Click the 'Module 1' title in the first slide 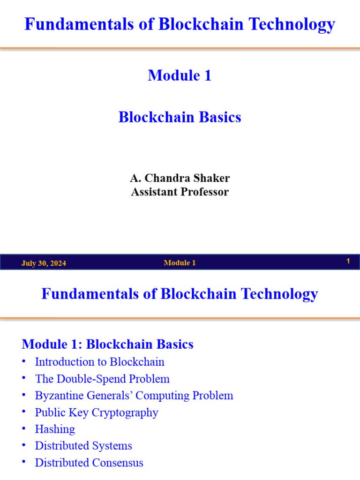pyautogui.click(x=180, y=75)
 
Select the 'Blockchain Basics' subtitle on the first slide pyautogui.click(x=180, y=117)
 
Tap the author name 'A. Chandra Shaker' pyautogui.click(x=180, y=178)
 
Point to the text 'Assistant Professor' pyautogui.click(x=180, y=192)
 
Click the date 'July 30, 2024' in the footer pyautogui.click(x=44, y=263)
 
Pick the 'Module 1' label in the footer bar pyautogui.click(x=180, y=263)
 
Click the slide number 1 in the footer pyautogui.click(x=348, y=261)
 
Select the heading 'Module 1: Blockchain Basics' pyautogui.click(x=107, y=344)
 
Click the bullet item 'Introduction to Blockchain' pyautogui.click(x=99, y=362)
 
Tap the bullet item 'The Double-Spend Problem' pyautogui.click(x=102, y=379)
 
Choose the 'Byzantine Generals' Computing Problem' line pyautogui.click(x=134, y=395)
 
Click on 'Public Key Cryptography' pyautogui.click(x=97, y=412)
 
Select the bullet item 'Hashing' pyautogui.click(x=55, y=429)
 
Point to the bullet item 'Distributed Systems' pyautogui.click(x=83, y=446)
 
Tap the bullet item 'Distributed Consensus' pyautogui.click(x=89, y=463)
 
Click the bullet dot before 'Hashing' pyautogui.click(x=24, y=429)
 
